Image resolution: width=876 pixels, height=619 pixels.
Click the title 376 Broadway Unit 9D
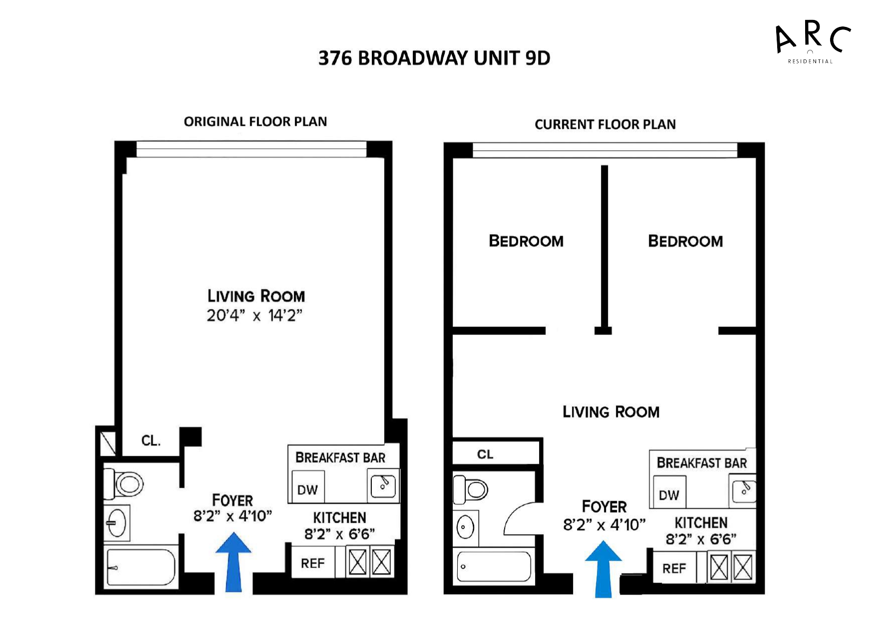pyautogui.click(x=434, y=58)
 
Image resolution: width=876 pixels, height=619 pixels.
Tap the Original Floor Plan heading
pyautogui.click(x=255, y=122)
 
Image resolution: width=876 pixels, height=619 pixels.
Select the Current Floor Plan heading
pyautogui.click(x=605, y=124)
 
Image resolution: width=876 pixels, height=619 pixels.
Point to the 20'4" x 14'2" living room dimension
pyautogui.click(x=255, y=315)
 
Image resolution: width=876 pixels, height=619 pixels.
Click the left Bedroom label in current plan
pyautogui.click(x=526, y=241)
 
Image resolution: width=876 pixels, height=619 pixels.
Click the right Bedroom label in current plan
pyautogui.click(x=685, y=242)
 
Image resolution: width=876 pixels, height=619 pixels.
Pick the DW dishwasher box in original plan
pyautogui.click(x=307, y=489)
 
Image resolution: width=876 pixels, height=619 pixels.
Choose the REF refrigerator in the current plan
pyautogui.click(x=674, y=569)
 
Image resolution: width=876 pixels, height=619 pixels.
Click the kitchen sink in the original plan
pyautogui.click(x=383, y=486)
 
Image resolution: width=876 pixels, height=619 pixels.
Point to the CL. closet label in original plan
pyautogui.click(x=151, y=441)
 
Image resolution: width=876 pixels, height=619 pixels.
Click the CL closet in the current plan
pyautogui.click(x=485, y=454)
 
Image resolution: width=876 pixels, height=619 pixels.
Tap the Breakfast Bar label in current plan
pyautogui.click(x=701, y=463)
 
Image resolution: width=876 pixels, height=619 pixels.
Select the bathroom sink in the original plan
pyautogui.click(x=116, y=523)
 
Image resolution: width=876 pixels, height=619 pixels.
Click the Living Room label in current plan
pyautogui.click(x=611, y=412)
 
